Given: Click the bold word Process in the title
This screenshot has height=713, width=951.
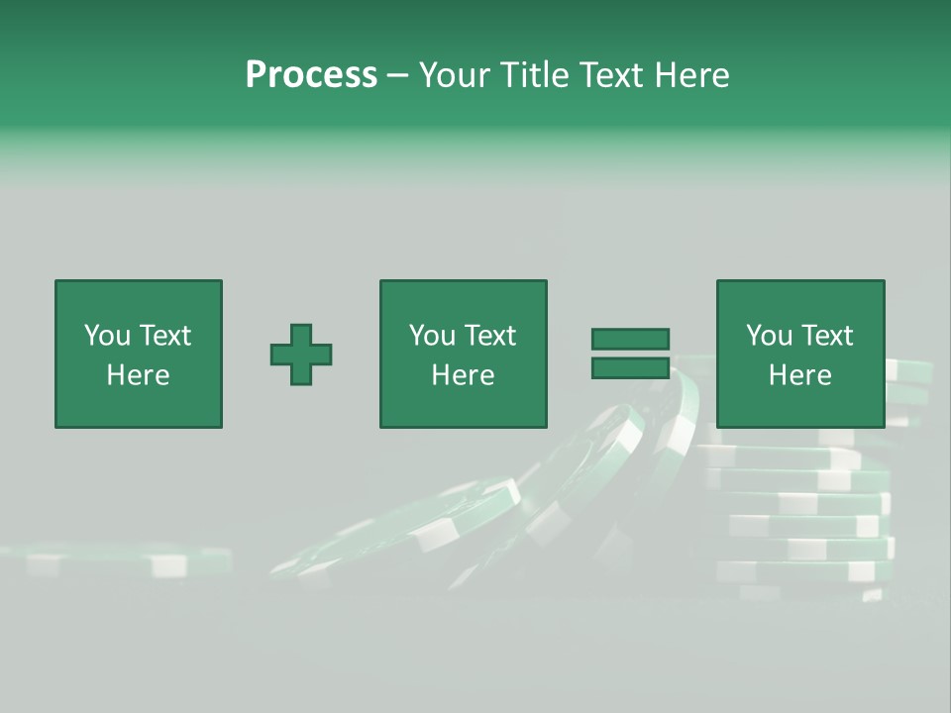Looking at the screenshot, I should [x=311, y=75].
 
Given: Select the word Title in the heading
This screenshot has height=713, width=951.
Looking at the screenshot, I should [x=536, y=75].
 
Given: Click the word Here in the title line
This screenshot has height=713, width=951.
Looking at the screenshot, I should [x=692, y=75].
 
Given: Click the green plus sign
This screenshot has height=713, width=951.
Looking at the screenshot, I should [x=301, y=355].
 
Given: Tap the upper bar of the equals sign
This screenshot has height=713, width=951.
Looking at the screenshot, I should [x=630, y=340].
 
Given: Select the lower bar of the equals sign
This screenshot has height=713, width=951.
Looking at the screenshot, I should [x=630, y=368].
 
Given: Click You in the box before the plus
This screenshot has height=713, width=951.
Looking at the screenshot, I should [x=107, y=336].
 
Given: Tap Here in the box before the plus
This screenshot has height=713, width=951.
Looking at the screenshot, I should [x=139, y=375].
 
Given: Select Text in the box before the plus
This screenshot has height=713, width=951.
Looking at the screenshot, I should [x=164, y=336].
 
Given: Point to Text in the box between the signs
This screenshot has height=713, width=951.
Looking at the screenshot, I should [x=489, y=336].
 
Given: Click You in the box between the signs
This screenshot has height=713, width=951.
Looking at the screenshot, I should [x=432, y=336].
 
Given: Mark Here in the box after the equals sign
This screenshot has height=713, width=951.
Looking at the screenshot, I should [x=800, y=375].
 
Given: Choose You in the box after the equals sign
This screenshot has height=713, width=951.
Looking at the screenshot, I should [x=769, y=336].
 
